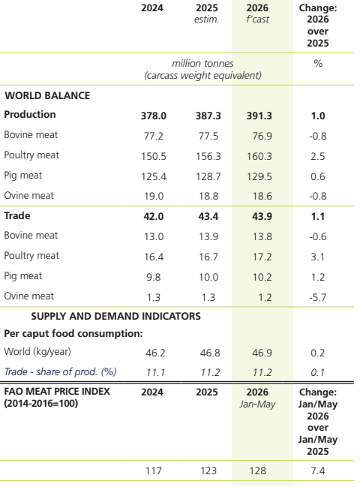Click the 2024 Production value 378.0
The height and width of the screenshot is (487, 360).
pyautogui.click(x=154, y=116)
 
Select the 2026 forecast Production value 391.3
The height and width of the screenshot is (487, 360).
pyautogui.click(x=259, y=116)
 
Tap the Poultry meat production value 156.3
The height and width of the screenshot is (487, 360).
pyautogui.click(x=208, y=156)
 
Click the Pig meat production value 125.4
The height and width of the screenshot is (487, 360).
pyautogui.click(x=154, y=176)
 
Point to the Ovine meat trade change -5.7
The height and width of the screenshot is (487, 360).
pyautogui.click(x=318, y=297)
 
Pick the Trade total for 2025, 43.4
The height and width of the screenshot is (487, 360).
pyautogui.click(x=208, y=216)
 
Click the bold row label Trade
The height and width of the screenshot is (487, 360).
pyautogui.click(x=17, y=215)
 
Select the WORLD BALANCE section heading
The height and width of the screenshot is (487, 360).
pyautogui.click(x=47, y=95)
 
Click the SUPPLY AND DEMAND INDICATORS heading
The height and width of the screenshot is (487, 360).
pyautogui.click(x=115, y=316)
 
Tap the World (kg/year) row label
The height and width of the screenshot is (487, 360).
pyautogui.click(x=37, y=352)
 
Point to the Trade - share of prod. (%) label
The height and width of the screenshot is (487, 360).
pyautogui.click(x=60, y=371)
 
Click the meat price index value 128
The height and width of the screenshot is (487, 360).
pyautogui.click(x=257, y=470)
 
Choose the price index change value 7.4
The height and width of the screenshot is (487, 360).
pyautogui.click(x=318, y=470)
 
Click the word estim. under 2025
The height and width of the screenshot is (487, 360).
pyautogui.click(x=207, y=20)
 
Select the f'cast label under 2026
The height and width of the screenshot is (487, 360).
pyautogui.click(x=257, y=20)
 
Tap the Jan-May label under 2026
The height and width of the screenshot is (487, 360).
pyautogui.click(x=257, y=404)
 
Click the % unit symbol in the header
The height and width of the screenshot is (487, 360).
pyautogui.click(x=318, y=63)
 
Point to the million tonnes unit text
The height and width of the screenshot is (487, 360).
pyautogui.click(x=202, y=63)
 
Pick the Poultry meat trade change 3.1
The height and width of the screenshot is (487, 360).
pyautogui.click(x=318, y=257)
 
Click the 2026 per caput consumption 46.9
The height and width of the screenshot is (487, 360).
pyautogui.click(x=262, y=353)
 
